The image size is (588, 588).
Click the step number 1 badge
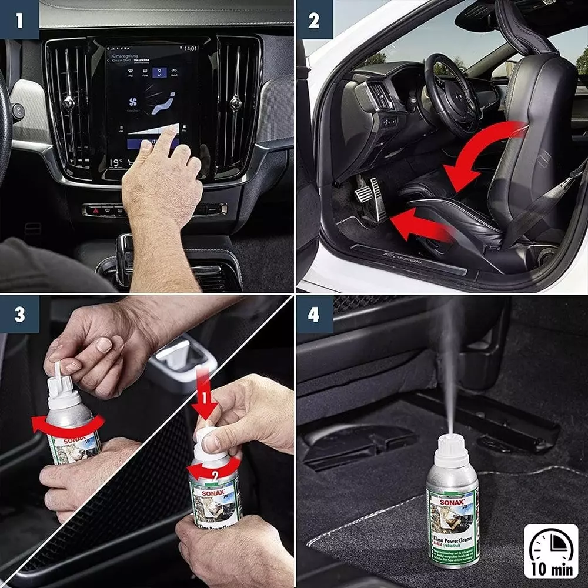pyautogui.click(x=19, y=19)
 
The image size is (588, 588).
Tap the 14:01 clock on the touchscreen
pyautogui.click(x=191, y=48)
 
